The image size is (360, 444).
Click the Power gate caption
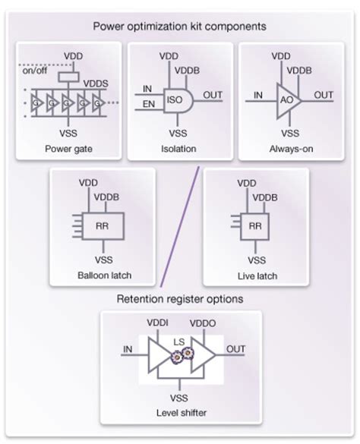point(68,148)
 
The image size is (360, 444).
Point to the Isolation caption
point(179,148)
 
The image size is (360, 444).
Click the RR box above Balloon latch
point(102,225)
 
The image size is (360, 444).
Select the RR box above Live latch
point(255,225)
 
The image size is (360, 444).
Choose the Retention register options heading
point(179,298)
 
